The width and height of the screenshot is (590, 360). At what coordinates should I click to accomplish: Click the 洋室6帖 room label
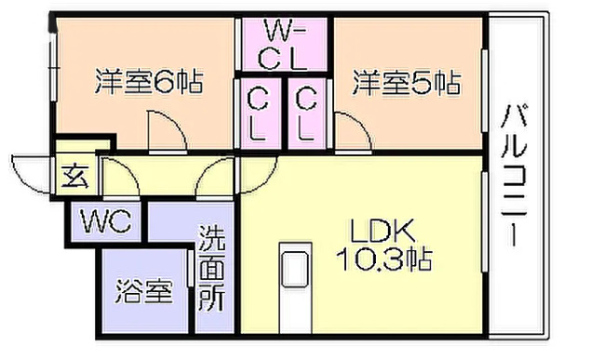pos(148,83)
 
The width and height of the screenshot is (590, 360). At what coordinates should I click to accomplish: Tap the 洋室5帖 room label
pos(406,83)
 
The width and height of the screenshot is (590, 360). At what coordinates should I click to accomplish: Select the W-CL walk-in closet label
pos(282,45)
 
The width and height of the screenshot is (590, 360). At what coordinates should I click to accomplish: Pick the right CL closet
pos(306,113)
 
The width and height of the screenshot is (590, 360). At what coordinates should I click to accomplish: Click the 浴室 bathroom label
pos(144,292)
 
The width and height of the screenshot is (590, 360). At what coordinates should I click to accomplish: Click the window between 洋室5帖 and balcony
pos(485,88)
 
